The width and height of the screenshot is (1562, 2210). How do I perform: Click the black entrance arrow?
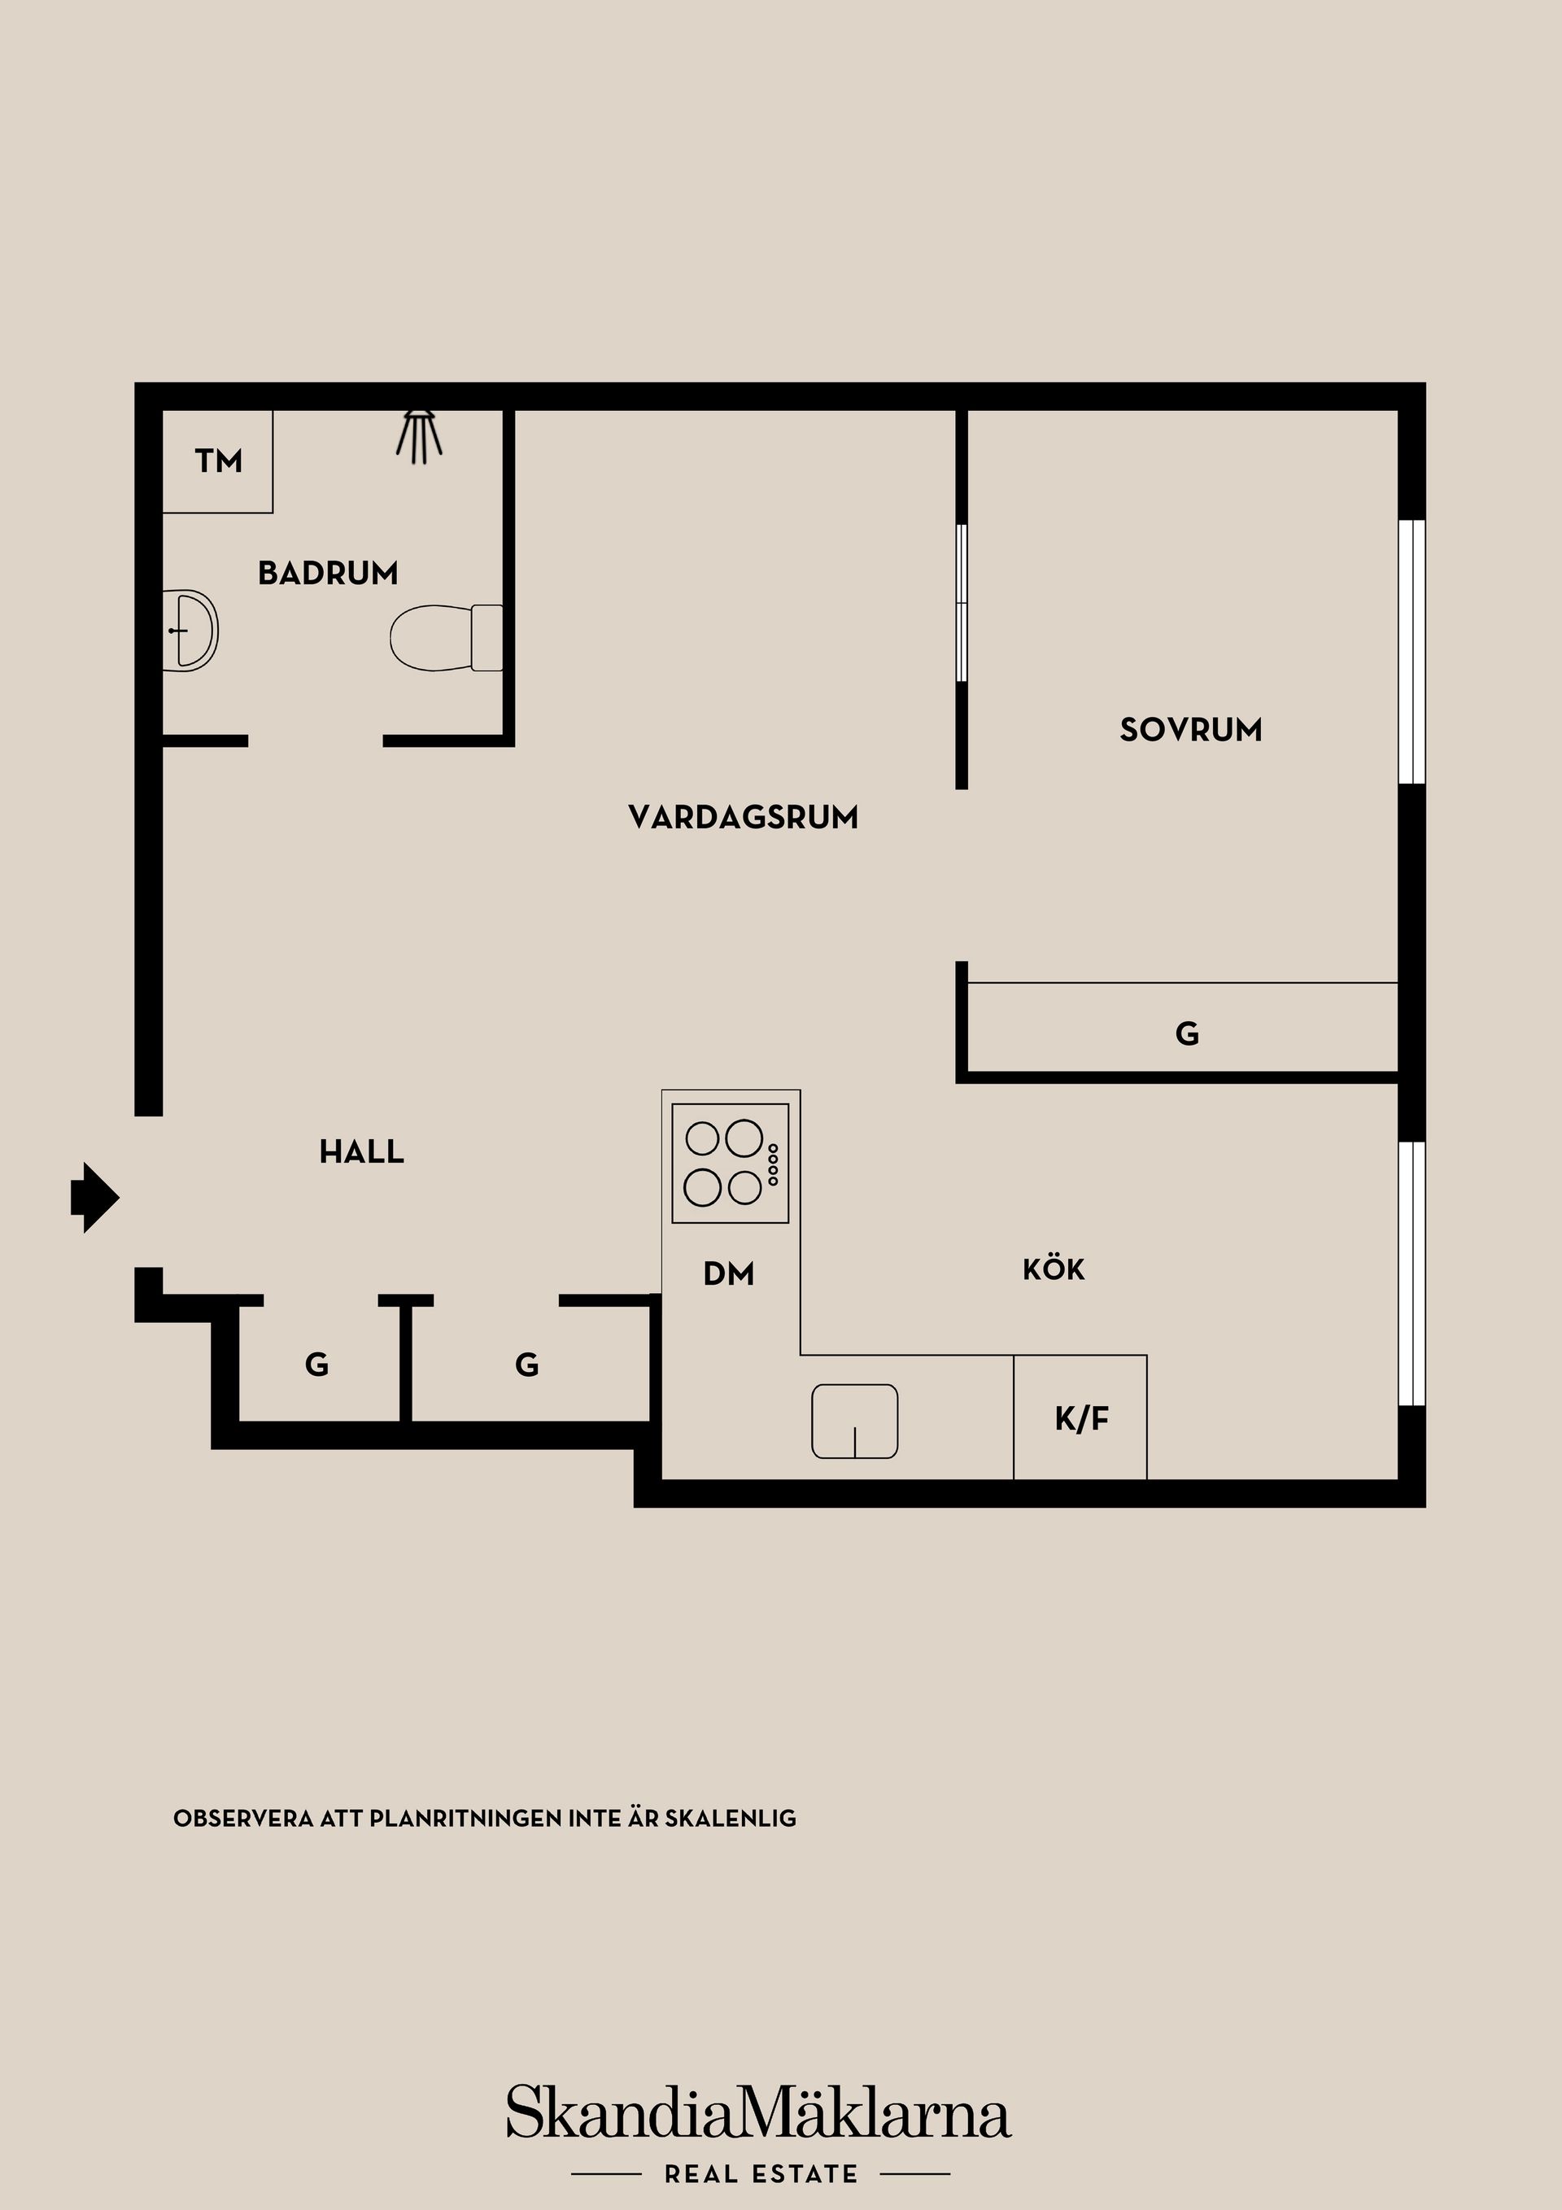[94, 1198]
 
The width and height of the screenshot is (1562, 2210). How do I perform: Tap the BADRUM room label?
[327, 574]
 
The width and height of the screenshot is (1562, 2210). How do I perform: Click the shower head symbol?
[420, 435]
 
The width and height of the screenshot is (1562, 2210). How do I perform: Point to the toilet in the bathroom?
[445, 637]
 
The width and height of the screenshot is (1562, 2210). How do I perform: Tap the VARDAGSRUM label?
[743, 817]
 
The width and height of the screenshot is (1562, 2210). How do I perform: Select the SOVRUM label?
[1190, 730]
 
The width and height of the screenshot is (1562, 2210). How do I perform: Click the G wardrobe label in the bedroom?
[1187, 1033]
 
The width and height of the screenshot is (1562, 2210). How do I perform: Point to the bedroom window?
[1411, 652]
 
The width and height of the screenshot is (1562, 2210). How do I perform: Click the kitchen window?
[1411, 1273]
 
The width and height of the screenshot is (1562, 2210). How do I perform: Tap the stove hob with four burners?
[731, 1163]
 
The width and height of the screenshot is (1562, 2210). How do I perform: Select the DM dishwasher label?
[729, 1274]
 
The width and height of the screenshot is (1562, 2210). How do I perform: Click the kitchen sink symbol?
[854, 1421]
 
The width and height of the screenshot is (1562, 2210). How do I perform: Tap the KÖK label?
[1053, 1269]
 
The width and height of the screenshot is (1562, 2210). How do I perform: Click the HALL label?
[361, 1151]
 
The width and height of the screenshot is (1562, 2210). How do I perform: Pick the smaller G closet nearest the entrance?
[316, 1364]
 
